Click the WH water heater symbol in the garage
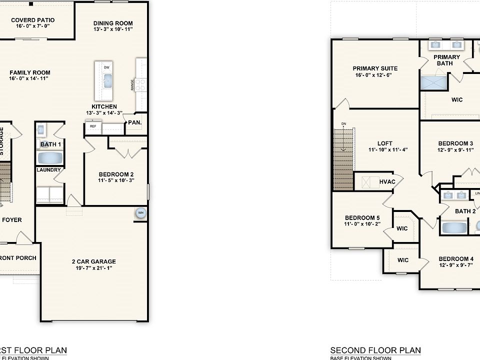[140, 213]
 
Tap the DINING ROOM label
[113, 23]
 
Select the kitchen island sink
[107, 80]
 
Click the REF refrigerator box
[93, 126]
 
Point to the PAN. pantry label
[134, 122]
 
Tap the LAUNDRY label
[49, 170]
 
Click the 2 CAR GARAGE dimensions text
[93, 268]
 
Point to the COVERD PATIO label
[32, 20]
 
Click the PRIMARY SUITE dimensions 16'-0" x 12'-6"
[375, 75]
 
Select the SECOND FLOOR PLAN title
[375, 350]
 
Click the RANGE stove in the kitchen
[141, 84]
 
